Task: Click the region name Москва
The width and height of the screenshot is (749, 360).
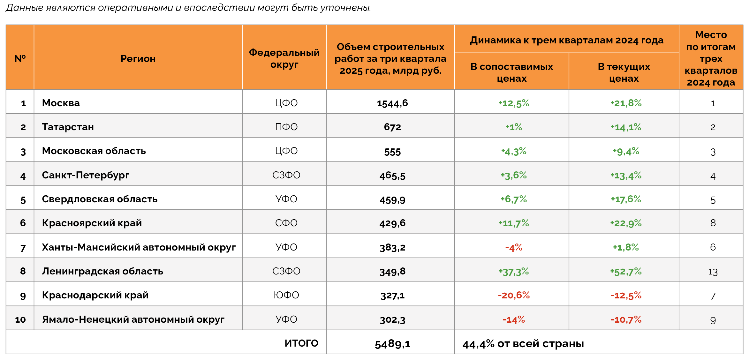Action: pyautogui.click(x=61, y=103)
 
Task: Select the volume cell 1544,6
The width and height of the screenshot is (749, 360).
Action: pyautogui.click(x=392, y=103)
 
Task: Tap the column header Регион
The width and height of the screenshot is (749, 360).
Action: pyautogui.click(x=138, y=59)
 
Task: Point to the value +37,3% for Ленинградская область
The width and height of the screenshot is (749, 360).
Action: pyautogui.click(x=514, y=272)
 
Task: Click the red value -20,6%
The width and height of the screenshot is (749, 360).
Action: pyautogui.click(x=514, y=295)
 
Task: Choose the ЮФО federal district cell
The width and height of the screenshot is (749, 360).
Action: pyautogui.click(x=286, y=295)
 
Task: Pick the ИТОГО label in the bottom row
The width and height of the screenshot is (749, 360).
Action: pyautogui.click(x=301, y=343)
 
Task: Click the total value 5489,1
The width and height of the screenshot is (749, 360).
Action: pyautogui.click(x=392, y=344)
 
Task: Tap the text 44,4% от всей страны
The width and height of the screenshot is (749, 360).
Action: pyautogui.click(x=523, y=344)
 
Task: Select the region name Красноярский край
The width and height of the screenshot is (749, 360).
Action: pyautogui.click(x=92, y=223)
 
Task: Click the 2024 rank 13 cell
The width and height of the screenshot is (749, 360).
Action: pyautogui.click(x=713, y=272)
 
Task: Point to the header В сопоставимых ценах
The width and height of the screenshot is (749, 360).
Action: pyautogui.click(x=511, y=72)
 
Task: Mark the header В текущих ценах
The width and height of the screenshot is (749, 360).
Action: pyautogui.click(x=624, y=72)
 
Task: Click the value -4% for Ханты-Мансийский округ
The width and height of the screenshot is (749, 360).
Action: pyautogui.click(x=514, y=247)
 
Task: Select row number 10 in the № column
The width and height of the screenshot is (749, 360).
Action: pyautogui.click(x=20, y=319)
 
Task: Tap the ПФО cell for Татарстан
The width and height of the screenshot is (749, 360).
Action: pyautogui.click(x=286, y=127)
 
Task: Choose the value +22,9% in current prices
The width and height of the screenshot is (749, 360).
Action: pyautogui.click(x=626, y=223)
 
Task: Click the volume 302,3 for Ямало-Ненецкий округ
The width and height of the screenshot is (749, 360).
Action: pyautogui.click(x=392, y=320)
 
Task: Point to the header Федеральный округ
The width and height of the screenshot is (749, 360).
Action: pyautogui.click(x=284, y=58)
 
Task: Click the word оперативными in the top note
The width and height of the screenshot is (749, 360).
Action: pyautogui.click(x=135, y=8)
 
